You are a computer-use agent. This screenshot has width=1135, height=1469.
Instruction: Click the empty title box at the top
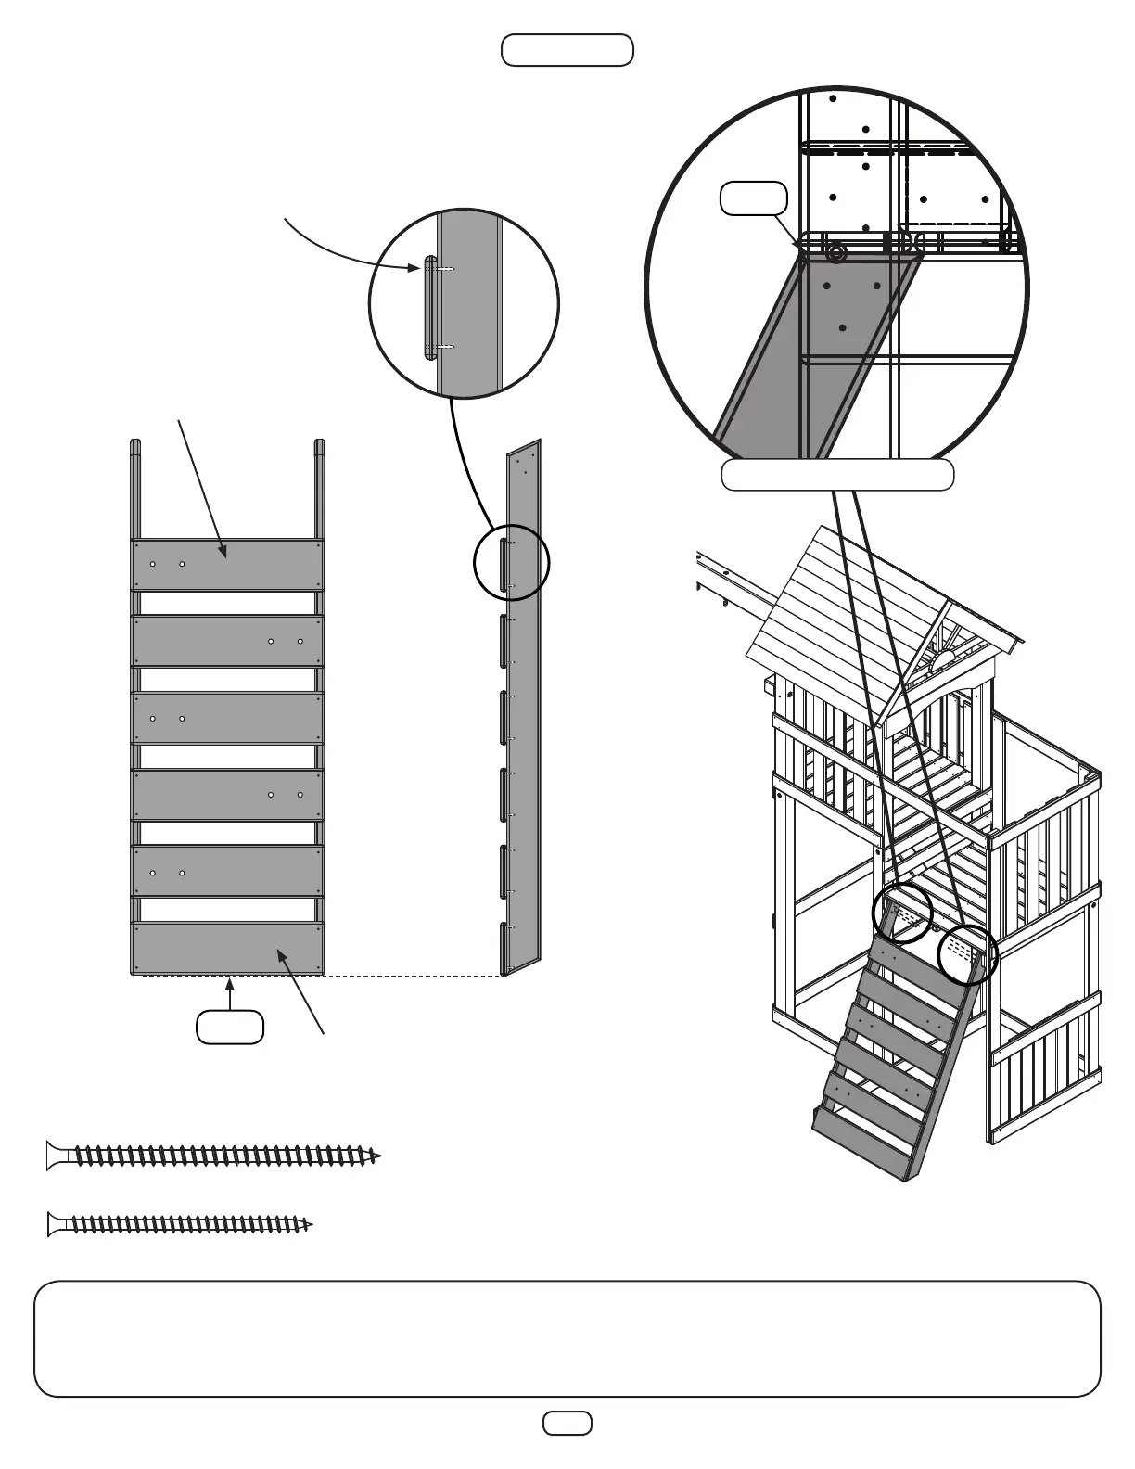(x=567, y=50)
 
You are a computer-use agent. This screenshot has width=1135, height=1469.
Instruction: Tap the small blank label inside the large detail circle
(x=754, y=198)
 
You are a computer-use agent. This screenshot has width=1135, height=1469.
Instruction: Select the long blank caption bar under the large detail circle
(x=837, y=475)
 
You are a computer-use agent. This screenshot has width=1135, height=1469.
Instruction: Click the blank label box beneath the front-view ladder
(x=230, y=1028)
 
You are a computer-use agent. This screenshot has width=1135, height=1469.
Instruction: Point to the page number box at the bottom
(x=567, y=1423)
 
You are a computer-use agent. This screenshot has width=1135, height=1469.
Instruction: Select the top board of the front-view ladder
(x=227, y=565)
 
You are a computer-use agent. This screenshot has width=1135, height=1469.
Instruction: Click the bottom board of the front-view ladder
(x=227, y=947)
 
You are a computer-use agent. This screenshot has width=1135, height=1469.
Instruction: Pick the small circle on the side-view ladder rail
(x=511, y=563)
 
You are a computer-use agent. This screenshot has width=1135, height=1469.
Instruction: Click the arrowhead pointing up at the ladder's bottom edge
(x=230, y=984)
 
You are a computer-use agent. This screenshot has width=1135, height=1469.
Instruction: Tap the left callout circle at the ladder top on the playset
(x=902, y=913)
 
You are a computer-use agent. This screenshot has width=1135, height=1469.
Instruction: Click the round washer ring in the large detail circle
(x=837, y=252)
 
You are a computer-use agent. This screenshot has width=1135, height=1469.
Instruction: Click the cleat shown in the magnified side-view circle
(x=429, y=308)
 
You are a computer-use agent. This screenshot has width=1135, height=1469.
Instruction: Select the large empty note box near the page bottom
(x=567, y=1338)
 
